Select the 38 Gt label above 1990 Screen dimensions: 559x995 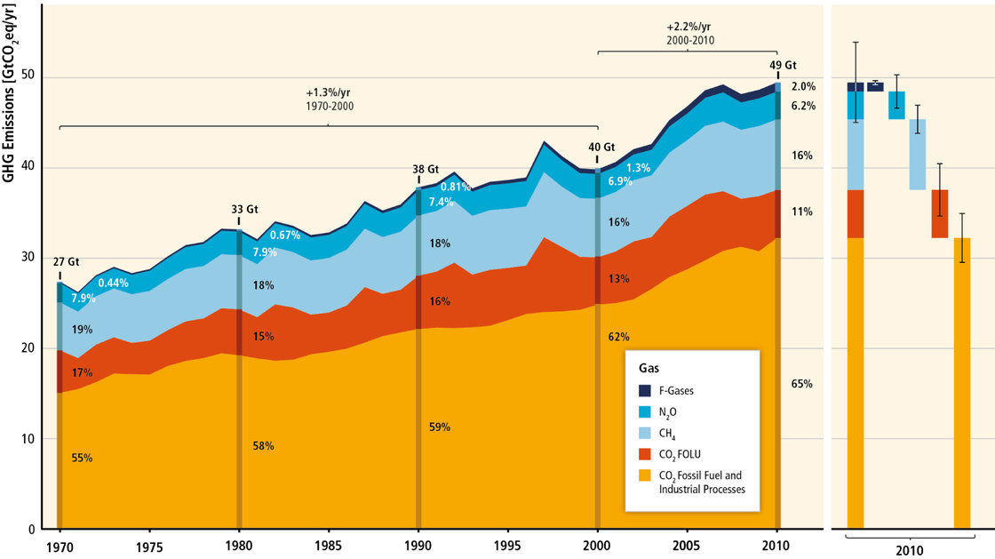click(x=426, y=169)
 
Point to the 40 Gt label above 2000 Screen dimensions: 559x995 click(x=601, y=148)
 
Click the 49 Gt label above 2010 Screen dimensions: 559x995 click(x=784, y=65)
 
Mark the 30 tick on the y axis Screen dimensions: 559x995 click(x=31, y=259)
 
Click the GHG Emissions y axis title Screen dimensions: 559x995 click(x=9, y=99)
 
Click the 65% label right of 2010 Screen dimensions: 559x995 click(x=802, y=384)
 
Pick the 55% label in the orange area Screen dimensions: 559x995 click(x=82, y=458)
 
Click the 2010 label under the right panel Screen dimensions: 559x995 click(x=906, y=551)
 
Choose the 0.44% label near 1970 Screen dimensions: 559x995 click(x=113, y=283)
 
